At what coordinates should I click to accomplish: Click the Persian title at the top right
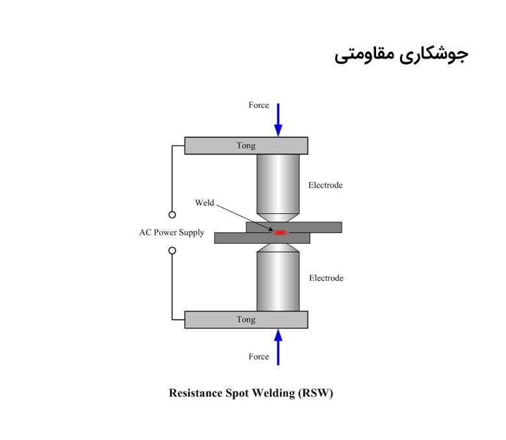(401, 55)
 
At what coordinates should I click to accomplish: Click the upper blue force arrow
(278, 120)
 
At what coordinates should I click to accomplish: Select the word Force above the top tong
(259, 105)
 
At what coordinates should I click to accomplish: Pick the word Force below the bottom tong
(259, 357)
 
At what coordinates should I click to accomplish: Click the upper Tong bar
(246, 146)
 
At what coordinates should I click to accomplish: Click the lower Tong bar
(246, 320)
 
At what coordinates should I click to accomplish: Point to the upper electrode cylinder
(278, 182)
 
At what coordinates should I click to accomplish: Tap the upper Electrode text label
(325, 185)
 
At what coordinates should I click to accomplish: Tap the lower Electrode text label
(325, 278)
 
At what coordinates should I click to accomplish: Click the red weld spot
(281, 232)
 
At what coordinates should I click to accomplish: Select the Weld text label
(205, 203)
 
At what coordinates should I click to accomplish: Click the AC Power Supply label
(171, 233)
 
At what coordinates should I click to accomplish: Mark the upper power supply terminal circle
(172, 214)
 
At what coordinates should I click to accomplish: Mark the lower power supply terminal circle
(172, 250)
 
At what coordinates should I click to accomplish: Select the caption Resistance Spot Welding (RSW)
(251, 393)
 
